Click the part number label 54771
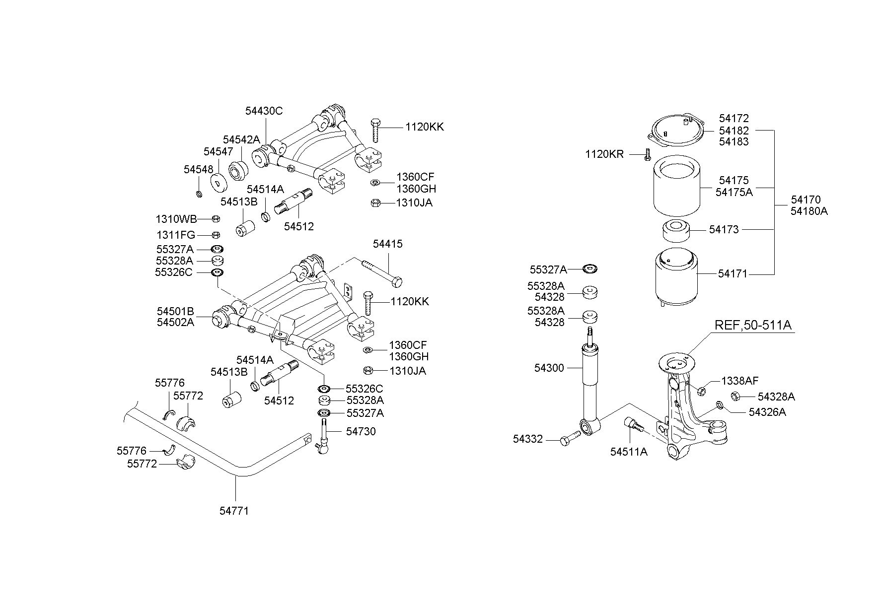point(234,510)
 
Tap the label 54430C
point(264,111)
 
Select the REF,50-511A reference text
point(753,325)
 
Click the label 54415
point(387,244)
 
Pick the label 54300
point(549,368)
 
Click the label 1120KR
point(604,154)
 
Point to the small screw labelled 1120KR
point(648,154)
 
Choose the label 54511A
point(629,452)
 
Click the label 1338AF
point(740,381)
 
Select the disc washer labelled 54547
point(218,182)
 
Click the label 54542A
point(241,139)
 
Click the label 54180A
point(809,211)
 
